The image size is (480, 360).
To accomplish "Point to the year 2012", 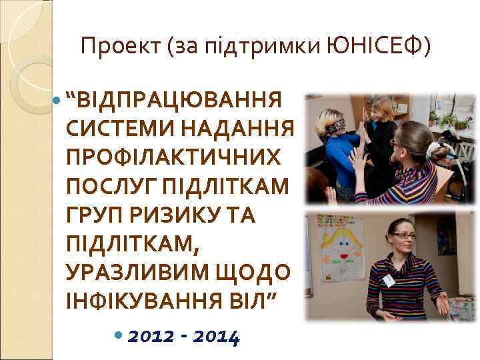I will pos(152,337).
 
